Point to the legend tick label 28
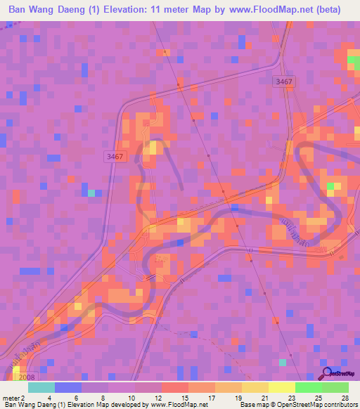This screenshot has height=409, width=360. pyautogui.click(x=344, y=397)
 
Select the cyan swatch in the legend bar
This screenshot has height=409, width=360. pyautogui.click(x=41, y=387)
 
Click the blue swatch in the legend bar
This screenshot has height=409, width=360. pyautogui.click(x=68, y=387)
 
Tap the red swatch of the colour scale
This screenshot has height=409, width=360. pyautogui.click(x=174, y=387)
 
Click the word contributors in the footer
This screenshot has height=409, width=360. pyautogui.click(x=339, y=405)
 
